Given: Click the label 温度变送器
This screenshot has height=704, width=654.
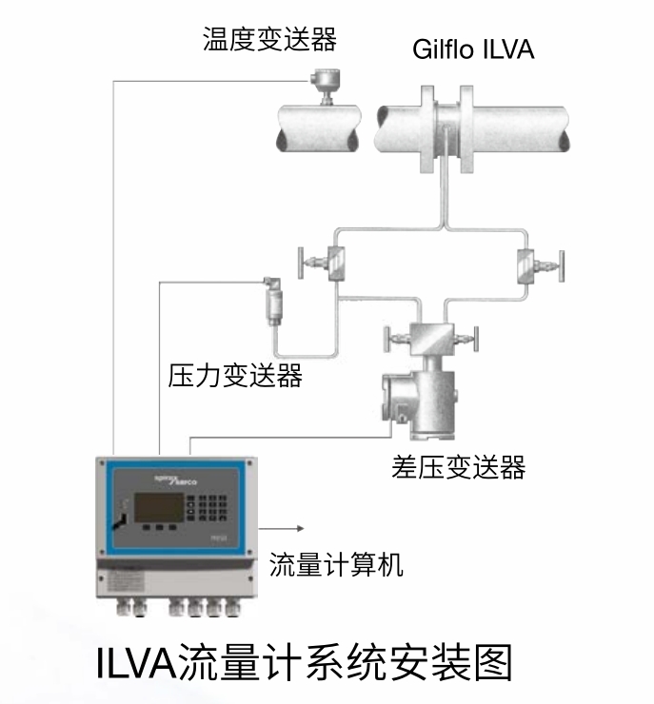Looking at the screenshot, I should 269,40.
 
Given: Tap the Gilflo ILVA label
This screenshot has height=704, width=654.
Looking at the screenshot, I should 473,49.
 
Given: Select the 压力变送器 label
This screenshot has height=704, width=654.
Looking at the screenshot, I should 235,376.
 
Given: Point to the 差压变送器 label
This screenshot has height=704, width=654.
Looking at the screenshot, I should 459,467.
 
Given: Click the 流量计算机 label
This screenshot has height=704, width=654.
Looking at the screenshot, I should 337,564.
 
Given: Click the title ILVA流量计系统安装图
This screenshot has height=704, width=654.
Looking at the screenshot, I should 305,662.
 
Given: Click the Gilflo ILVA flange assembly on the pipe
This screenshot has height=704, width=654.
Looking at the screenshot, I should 440,129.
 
